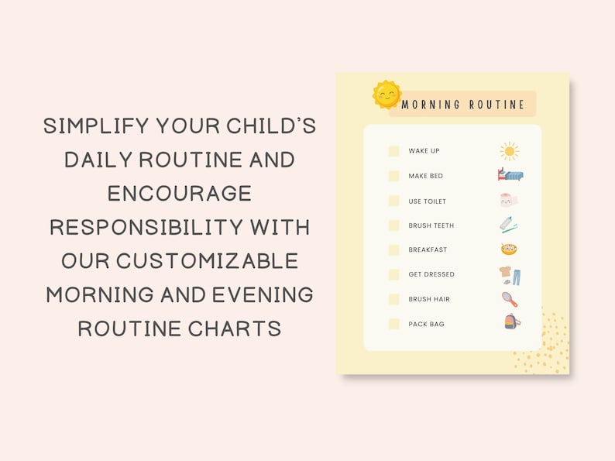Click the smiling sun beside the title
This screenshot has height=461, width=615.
tap(387, 95)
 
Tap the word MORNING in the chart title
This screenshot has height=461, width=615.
tap(431, 105)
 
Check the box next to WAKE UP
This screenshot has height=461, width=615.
tap(394, 151)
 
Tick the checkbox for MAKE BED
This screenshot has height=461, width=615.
tap(394, 176)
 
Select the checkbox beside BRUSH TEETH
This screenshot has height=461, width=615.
tap(394, 225)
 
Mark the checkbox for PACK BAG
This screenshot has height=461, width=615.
tap(394, 324)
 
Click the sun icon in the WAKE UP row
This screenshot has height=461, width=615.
tap(509, 150)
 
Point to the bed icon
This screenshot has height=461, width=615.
tap(510, 175)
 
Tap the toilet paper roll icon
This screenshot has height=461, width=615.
tap(509, 201)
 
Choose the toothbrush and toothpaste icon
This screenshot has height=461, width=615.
tap(509, 225)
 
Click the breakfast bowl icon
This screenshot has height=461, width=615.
tap(509, 249)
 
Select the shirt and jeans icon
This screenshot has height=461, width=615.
tap(510, 275)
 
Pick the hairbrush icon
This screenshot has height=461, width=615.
tap(510, 299)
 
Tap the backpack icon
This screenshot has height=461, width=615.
tap(512, 322)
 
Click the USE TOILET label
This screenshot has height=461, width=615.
tap(428, 201)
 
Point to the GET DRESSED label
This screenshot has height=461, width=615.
tap(431, 274)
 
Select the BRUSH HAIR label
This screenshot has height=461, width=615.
tap(429, 299)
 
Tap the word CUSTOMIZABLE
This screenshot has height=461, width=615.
tap(208, 261)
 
